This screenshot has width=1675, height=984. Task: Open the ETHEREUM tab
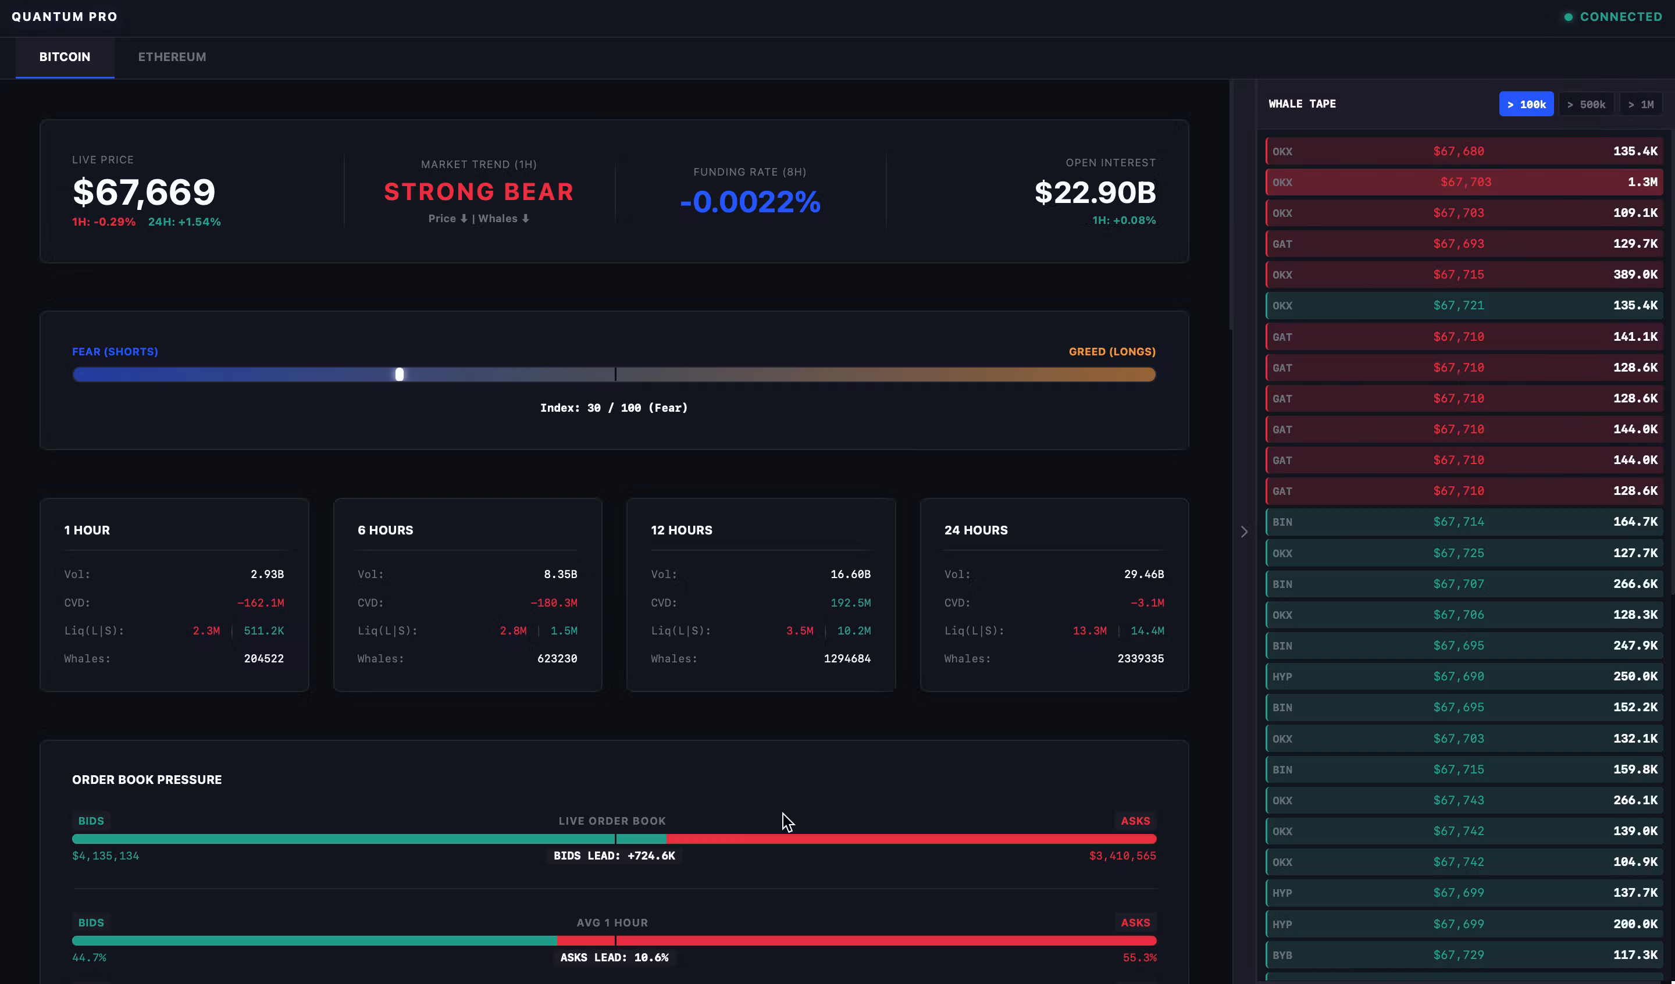172,57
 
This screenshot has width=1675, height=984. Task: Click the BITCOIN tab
65,57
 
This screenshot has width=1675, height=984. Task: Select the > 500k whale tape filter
1585,104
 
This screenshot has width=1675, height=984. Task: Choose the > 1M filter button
1641,104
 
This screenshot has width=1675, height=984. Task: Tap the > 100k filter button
1526,104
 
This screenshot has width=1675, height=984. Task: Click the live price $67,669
144,192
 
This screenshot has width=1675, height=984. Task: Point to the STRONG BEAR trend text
479,192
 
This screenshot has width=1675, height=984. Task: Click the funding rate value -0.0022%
750,201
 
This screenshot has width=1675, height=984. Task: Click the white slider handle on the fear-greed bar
400,375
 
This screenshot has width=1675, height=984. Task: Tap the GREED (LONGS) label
1111,352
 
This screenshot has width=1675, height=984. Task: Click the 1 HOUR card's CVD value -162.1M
260,603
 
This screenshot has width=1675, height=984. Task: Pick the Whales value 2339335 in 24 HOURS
1140,659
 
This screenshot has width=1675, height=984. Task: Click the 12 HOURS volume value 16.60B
850,575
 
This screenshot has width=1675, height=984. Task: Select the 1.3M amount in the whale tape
1642,182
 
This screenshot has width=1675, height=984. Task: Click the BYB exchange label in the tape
1282,956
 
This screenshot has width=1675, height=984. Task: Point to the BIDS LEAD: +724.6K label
614,855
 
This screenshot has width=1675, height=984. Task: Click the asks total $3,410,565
1122,855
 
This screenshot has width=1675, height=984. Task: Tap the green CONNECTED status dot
1568,17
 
